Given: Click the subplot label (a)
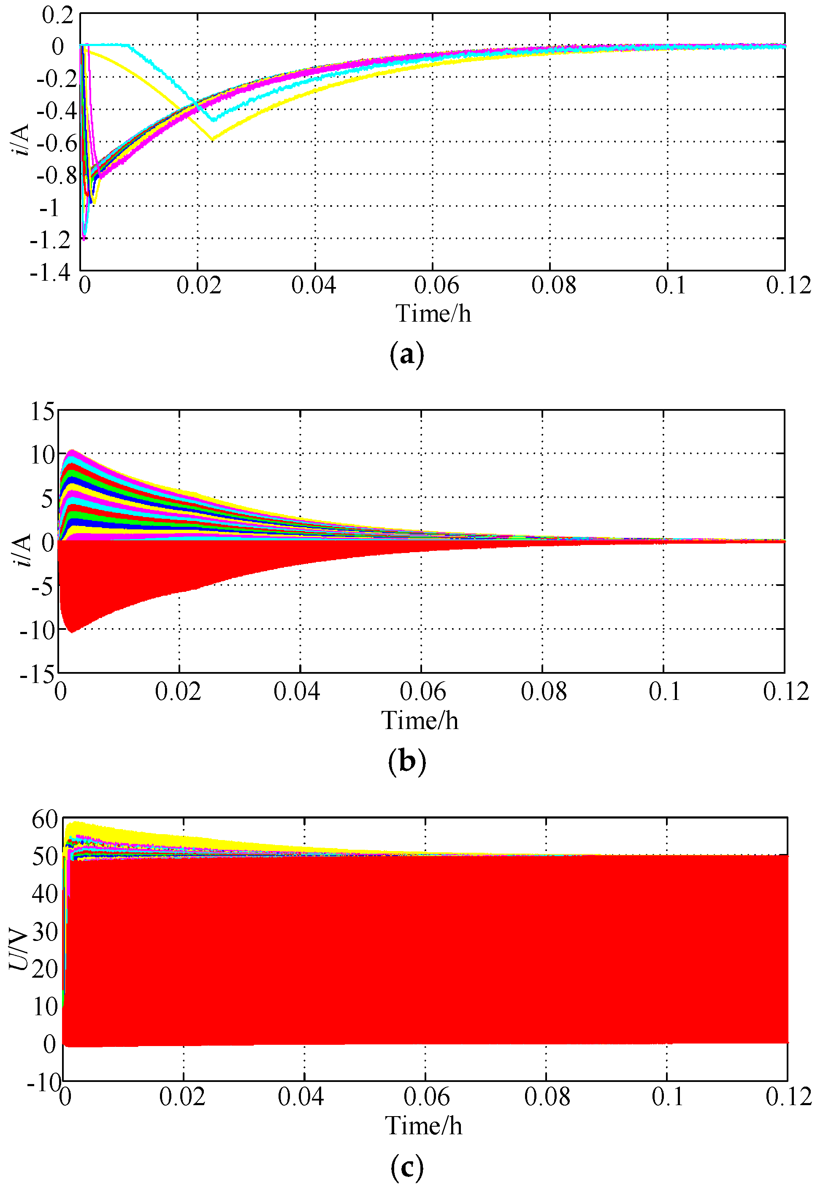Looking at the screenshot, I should pyautogui.click(x=407, y=355).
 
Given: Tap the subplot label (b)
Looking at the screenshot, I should pyautogui.click(x=407, y=762).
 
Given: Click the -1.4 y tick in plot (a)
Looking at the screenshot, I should pyautogui.click(x=50, y=272).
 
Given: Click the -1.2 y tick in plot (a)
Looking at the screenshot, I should pyautogui.click(x=50, y=240).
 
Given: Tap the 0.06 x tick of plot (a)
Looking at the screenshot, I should pyautogui.click(x=436, y=285).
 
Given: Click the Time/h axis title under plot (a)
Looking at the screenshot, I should pyautogui.click(x=433, y=314).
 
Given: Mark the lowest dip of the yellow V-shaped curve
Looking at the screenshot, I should pyautogui.click(x=211, y=139).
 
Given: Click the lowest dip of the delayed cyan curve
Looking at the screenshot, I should pyautogui.click(x=214, y=119).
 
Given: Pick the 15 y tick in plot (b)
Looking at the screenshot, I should pyautogui.click(x=42, y=412).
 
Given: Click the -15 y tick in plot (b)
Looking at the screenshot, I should pyautogui.click(x=37, y=674).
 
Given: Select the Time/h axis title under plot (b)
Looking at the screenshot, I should pyautogui.click(x=420, y=721).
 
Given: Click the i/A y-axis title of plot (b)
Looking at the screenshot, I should pyautogui.click(x=23, y=550).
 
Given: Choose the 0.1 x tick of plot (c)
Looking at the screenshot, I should pyautogui.click(x=667, y=1097).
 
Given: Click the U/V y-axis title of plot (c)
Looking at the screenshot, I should pyautogui.click(x=19, y=950).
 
